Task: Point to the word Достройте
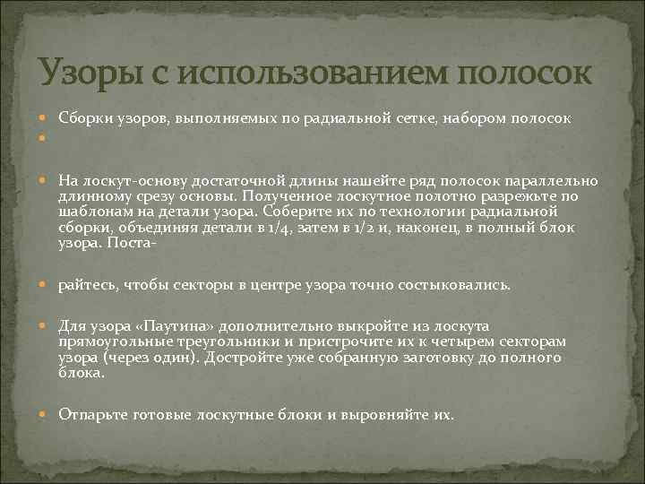(241, 357)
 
